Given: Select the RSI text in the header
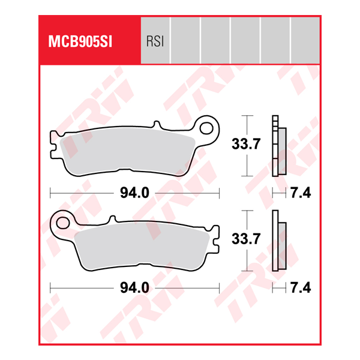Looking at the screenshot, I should tap(155, 42).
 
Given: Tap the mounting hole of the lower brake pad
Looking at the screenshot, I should tap(61, 224).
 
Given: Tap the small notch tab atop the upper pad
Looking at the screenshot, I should tap(157, 125).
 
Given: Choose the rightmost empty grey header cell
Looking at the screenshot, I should tap(305, 40).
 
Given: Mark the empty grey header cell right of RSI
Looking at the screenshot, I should tap(185, 40).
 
